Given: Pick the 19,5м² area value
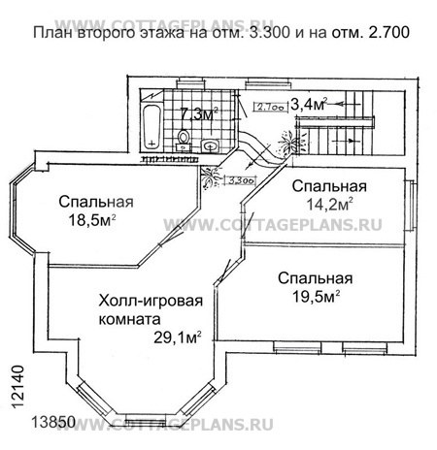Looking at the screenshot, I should [x=314, y=297].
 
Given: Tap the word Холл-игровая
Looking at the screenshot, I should [x=150, y=300].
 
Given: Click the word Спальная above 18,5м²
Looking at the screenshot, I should [x=95, y=202].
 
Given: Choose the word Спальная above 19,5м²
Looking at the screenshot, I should [x=314, y=278].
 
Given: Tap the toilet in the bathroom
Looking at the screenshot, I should [x=185, y=142].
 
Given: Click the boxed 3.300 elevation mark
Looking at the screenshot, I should [x=242, y=178].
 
